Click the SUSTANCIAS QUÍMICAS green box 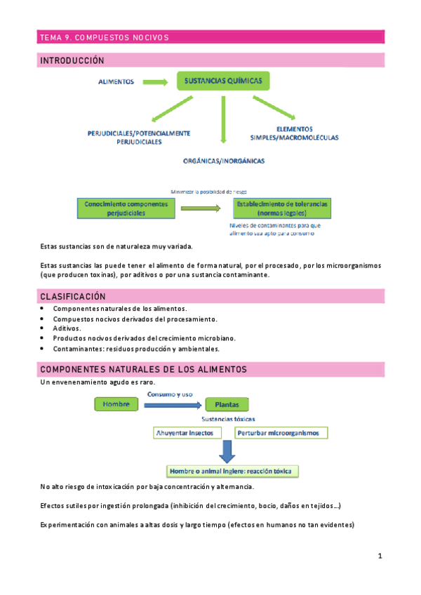tap(223, 82)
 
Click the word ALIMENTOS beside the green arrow tap(116, 82)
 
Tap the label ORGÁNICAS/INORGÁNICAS tap(224, 161)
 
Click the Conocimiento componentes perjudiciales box tap(126, 208)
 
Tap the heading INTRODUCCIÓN tap(72, 61)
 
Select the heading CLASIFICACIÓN tap(73, 297)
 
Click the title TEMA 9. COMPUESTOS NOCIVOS tap(104, 37)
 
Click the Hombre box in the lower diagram tap(116, 405)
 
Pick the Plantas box tap(227, 405)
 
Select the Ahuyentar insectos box tap(188, 433)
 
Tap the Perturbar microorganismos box tap(281, 433)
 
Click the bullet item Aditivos tap(67, 328)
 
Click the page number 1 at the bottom tap(380, 556)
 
